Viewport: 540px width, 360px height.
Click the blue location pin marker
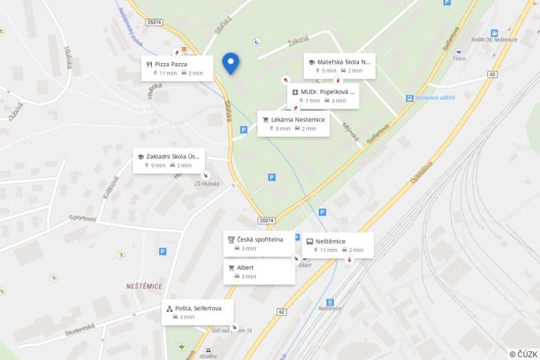(231, 63)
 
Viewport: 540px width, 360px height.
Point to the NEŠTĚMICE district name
(144, 287)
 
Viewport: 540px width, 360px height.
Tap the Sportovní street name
(82, 218)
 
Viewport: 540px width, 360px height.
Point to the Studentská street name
(80, 331)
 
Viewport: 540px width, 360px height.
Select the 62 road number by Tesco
(492, 75)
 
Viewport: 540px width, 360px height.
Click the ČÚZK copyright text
(523, 354)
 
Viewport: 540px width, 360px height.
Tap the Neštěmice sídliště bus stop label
(435, 98)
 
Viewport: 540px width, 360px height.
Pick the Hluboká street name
(68, 59)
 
